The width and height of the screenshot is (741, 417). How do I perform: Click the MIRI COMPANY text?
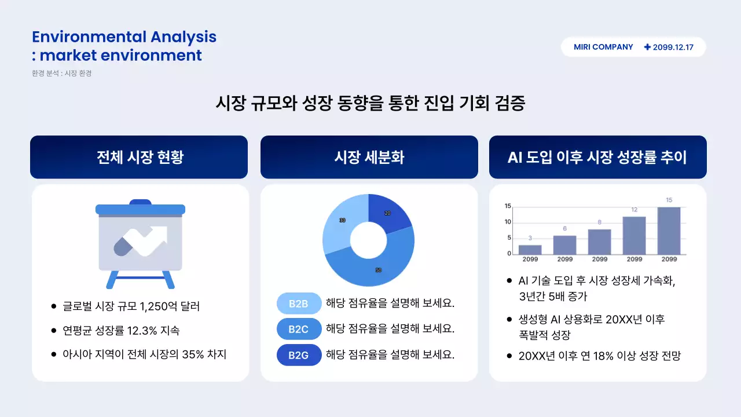(x=603, y=47)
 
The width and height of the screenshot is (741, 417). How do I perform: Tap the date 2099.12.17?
(x=673, y=47)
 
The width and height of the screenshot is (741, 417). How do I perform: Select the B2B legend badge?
(x=299, y=303)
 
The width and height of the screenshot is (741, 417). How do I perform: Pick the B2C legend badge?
(x=299, y=330)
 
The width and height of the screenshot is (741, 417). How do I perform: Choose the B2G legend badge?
(x=299, y=355)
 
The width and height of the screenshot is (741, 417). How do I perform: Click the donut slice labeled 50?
(x=376, y=268)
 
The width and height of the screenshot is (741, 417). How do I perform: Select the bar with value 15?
(x=669, y=231)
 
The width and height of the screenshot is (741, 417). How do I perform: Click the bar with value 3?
(x=530, y=250)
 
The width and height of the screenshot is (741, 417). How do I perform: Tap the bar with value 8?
(x=600, y=242)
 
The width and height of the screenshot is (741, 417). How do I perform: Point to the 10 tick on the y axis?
(x=508, y=222)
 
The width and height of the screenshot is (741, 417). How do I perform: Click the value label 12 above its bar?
(x=634, y=210)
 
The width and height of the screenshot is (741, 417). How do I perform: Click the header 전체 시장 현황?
(x=140, y=158)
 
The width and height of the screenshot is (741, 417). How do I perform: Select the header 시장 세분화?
(x=369, y=158)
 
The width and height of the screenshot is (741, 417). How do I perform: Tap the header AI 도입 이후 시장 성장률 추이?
(x=597, y=158)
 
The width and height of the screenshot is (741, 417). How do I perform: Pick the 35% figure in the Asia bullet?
(x=193, y=354)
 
